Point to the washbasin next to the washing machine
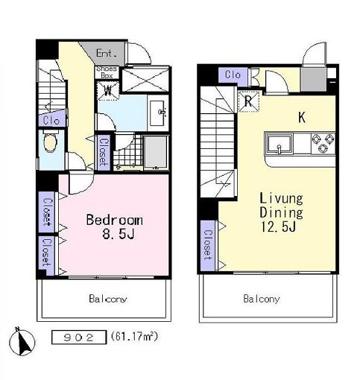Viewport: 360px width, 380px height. pos(160,113)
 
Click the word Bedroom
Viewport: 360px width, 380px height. pos(114,221)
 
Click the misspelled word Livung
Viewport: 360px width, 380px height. pos(280,198)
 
